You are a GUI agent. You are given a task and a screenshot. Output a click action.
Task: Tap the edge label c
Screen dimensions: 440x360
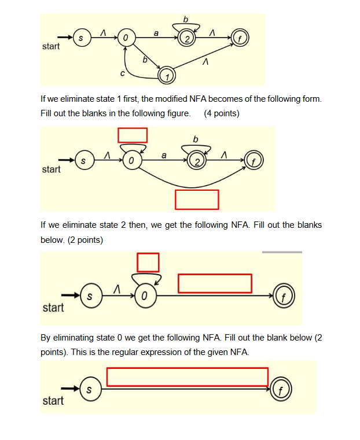pos(122,73)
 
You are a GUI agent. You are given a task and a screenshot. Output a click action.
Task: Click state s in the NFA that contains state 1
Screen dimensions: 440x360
pos(80,38)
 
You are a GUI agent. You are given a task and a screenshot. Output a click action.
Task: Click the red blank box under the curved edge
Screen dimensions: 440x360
pos(197,199)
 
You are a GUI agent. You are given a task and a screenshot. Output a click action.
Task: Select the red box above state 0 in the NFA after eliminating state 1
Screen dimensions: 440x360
pos(133,135)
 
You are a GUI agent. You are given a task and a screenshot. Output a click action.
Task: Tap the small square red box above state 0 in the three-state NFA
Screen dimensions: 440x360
pos(148,262)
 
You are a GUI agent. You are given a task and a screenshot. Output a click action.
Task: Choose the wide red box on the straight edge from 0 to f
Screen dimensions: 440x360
pos(215,283)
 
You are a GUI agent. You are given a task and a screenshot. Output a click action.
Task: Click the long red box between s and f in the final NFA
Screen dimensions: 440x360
pos(187,376)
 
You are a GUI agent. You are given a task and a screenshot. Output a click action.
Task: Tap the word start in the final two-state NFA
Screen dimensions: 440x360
pos(53,401)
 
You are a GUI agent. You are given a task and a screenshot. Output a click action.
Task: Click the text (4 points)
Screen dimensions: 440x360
pos(222,113)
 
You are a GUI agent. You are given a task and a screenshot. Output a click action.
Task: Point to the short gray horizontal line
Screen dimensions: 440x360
pos(282,252)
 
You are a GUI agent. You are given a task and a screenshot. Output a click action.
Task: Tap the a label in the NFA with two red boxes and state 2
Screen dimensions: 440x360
pos(164,156)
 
